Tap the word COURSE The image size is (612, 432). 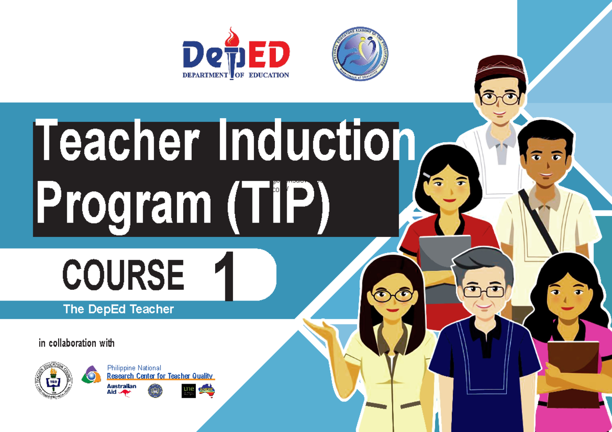(123, 275)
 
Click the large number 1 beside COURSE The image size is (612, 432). (225, 278)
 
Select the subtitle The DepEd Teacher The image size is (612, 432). (118, 309)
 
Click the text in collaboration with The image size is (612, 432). (76, 343)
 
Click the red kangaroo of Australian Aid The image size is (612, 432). (124, 393)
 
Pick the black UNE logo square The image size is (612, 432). (188, 391)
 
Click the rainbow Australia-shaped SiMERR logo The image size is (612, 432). (207, 390)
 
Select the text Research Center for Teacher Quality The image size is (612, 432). (160, 376)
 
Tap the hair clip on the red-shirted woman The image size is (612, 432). (427, 175)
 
